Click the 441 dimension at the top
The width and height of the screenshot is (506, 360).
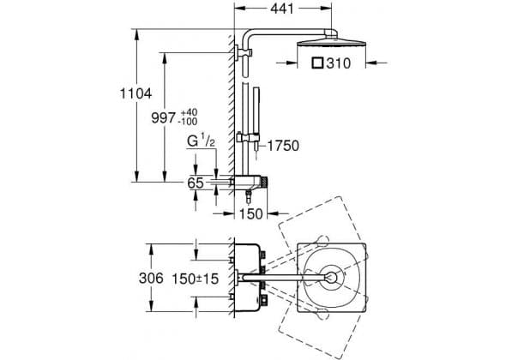coord(282,9)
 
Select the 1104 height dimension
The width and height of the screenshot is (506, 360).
coord(136,93)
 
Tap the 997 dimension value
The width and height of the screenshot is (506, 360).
coord(164,117)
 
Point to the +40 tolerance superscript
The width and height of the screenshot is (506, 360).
coord(189,112)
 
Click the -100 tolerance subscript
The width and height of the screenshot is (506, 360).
coord(188,122)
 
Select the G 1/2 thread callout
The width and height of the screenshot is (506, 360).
coord(201,141)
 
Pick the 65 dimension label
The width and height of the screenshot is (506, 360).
coord(196,183)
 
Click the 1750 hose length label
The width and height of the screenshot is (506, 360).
coord(283,146)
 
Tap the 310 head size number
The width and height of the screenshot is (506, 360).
coord(338,63)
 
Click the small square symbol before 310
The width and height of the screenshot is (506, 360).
coord(317,63)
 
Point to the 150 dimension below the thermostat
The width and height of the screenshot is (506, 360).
coord(251,213)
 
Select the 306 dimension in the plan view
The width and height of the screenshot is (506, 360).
coord(151,278)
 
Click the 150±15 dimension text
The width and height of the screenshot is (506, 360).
coord(196,279)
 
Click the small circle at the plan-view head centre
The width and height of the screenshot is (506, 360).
coord(331,278)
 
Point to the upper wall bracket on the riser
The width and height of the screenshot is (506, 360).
coord(244,52)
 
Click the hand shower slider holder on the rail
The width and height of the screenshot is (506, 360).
coord(248,138)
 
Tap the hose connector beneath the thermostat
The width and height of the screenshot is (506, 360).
coord(248,197)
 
